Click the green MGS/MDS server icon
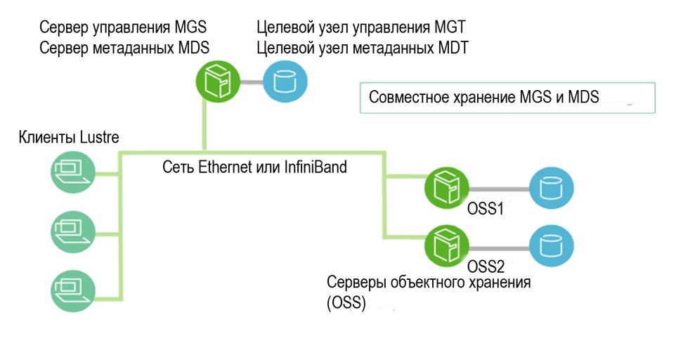click(216, 82)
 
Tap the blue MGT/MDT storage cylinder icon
click(285, 82)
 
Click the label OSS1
click(485, 209)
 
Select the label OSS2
click(486, 267)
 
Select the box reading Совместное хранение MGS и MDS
click(507, 98)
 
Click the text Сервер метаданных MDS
click(125, 47)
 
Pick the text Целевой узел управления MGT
click(361, 28)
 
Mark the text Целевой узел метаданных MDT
click(362, 48)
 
